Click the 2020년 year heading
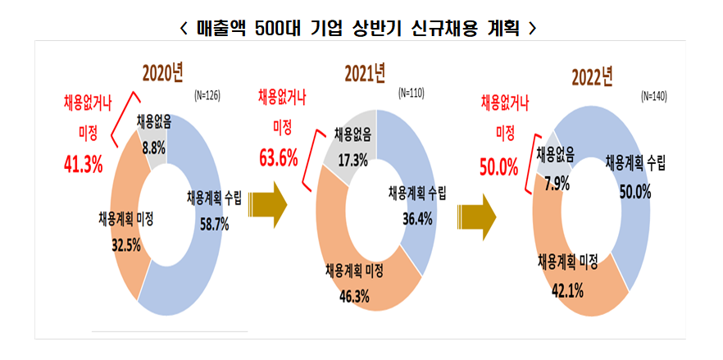click(162, 74)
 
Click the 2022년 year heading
click(592, 78)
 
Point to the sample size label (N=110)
click(410, 93)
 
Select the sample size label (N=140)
click(653, 96)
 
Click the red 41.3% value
click(83, 164)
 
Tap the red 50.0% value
click(498, 168)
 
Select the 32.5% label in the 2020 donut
click(127, 244)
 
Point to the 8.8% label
click(152, 148)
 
